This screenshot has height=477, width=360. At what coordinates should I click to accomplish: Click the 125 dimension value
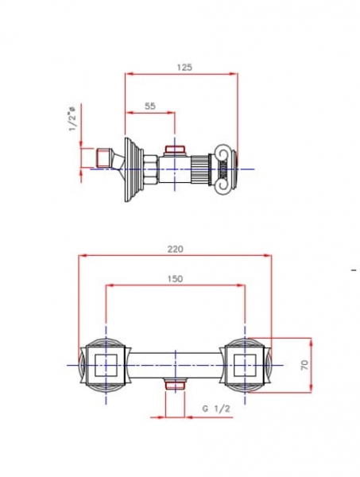point(185,68)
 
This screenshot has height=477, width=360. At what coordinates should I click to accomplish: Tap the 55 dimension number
point(150,106)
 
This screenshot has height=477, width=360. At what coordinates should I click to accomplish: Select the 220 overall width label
point(176,249)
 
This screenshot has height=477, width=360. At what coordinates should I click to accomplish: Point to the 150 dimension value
point(176,279)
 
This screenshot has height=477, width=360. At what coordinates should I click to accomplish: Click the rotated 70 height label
point(304,364)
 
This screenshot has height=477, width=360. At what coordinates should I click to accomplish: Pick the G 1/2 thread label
point(216,409)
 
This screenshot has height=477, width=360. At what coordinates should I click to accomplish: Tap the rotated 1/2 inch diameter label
point(73,118)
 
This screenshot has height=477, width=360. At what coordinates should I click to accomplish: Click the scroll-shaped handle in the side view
point(225,169)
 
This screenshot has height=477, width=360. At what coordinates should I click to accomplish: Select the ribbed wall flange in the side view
point(134,169)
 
